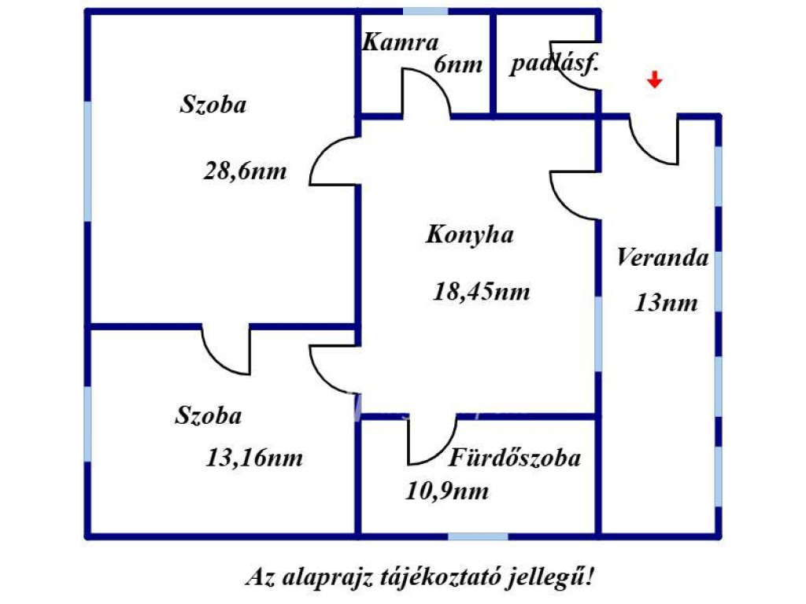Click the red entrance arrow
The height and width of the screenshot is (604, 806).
654,79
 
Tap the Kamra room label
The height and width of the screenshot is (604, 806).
401,42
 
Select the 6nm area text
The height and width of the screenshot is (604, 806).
459,64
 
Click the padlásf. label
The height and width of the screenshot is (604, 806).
555,63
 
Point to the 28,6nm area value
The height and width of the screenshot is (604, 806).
246,171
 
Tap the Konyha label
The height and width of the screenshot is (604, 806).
470,234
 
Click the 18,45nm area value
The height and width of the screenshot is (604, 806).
482,292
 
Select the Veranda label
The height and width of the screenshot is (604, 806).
663,257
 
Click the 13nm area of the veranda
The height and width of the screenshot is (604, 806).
667,303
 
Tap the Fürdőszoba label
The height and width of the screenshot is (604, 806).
515,457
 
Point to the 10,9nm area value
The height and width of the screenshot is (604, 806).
447,491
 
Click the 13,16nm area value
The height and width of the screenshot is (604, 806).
254,458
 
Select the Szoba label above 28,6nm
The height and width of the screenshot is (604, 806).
213,105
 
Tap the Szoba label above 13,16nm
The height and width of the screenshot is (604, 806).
208,415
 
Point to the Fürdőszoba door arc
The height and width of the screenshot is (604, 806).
443,452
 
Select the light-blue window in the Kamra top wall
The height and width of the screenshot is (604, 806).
425,11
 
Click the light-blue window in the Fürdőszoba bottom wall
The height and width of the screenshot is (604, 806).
478,536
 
